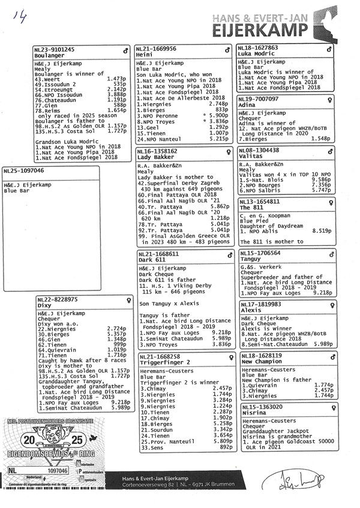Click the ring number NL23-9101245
point(55,49)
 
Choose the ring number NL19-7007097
point(259,98)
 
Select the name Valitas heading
point(251,157)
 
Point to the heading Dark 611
point(152,260)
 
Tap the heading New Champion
point(261,362)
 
